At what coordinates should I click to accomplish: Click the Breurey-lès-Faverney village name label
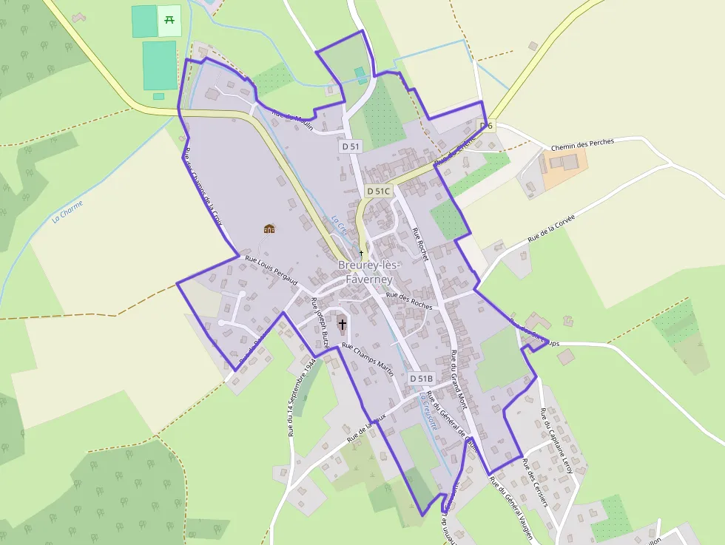point(369,272)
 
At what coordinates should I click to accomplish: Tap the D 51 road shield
point(351,146)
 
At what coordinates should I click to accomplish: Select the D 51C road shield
point(378,191)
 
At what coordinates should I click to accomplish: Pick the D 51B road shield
point(421,379)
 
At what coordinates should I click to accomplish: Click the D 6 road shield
point(486,126)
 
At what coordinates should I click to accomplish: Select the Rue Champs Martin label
point(368,359)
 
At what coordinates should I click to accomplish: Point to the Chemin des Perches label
point(582,144)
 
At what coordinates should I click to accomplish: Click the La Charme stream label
point(67,212)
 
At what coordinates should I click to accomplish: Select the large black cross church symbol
point(342,324)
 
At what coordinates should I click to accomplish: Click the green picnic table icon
point(169,20)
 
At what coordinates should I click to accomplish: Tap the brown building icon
point(269,229)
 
